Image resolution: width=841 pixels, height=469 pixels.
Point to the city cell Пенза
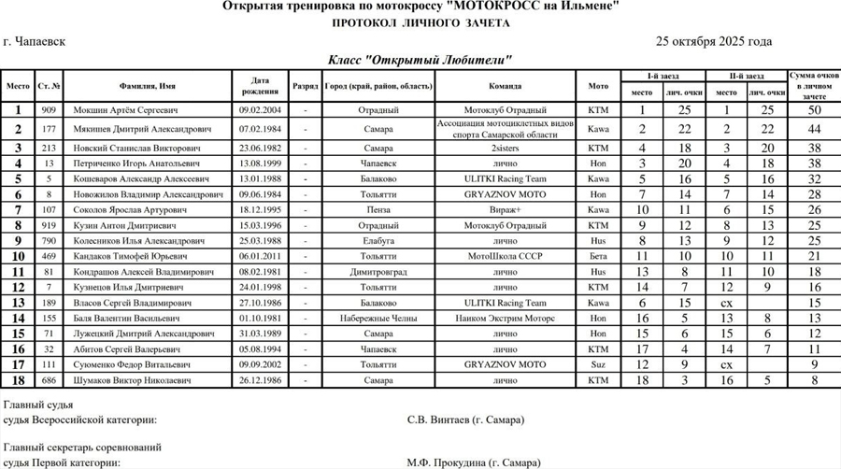click(x=378, y=210)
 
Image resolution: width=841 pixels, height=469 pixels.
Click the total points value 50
click(x=814, y=110)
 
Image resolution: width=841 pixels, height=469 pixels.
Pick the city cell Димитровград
click(x=378, y=272)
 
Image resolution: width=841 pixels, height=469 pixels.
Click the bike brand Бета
click(x=598, y=256)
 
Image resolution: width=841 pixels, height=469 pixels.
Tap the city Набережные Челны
click(x=378, y=319)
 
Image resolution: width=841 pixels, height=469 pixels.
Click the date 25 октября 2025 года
click(x=714, y=42)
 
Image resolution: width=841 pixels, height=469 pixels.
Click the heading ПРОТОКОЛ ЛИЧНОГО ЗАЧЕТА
click(x=420, y=23)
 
